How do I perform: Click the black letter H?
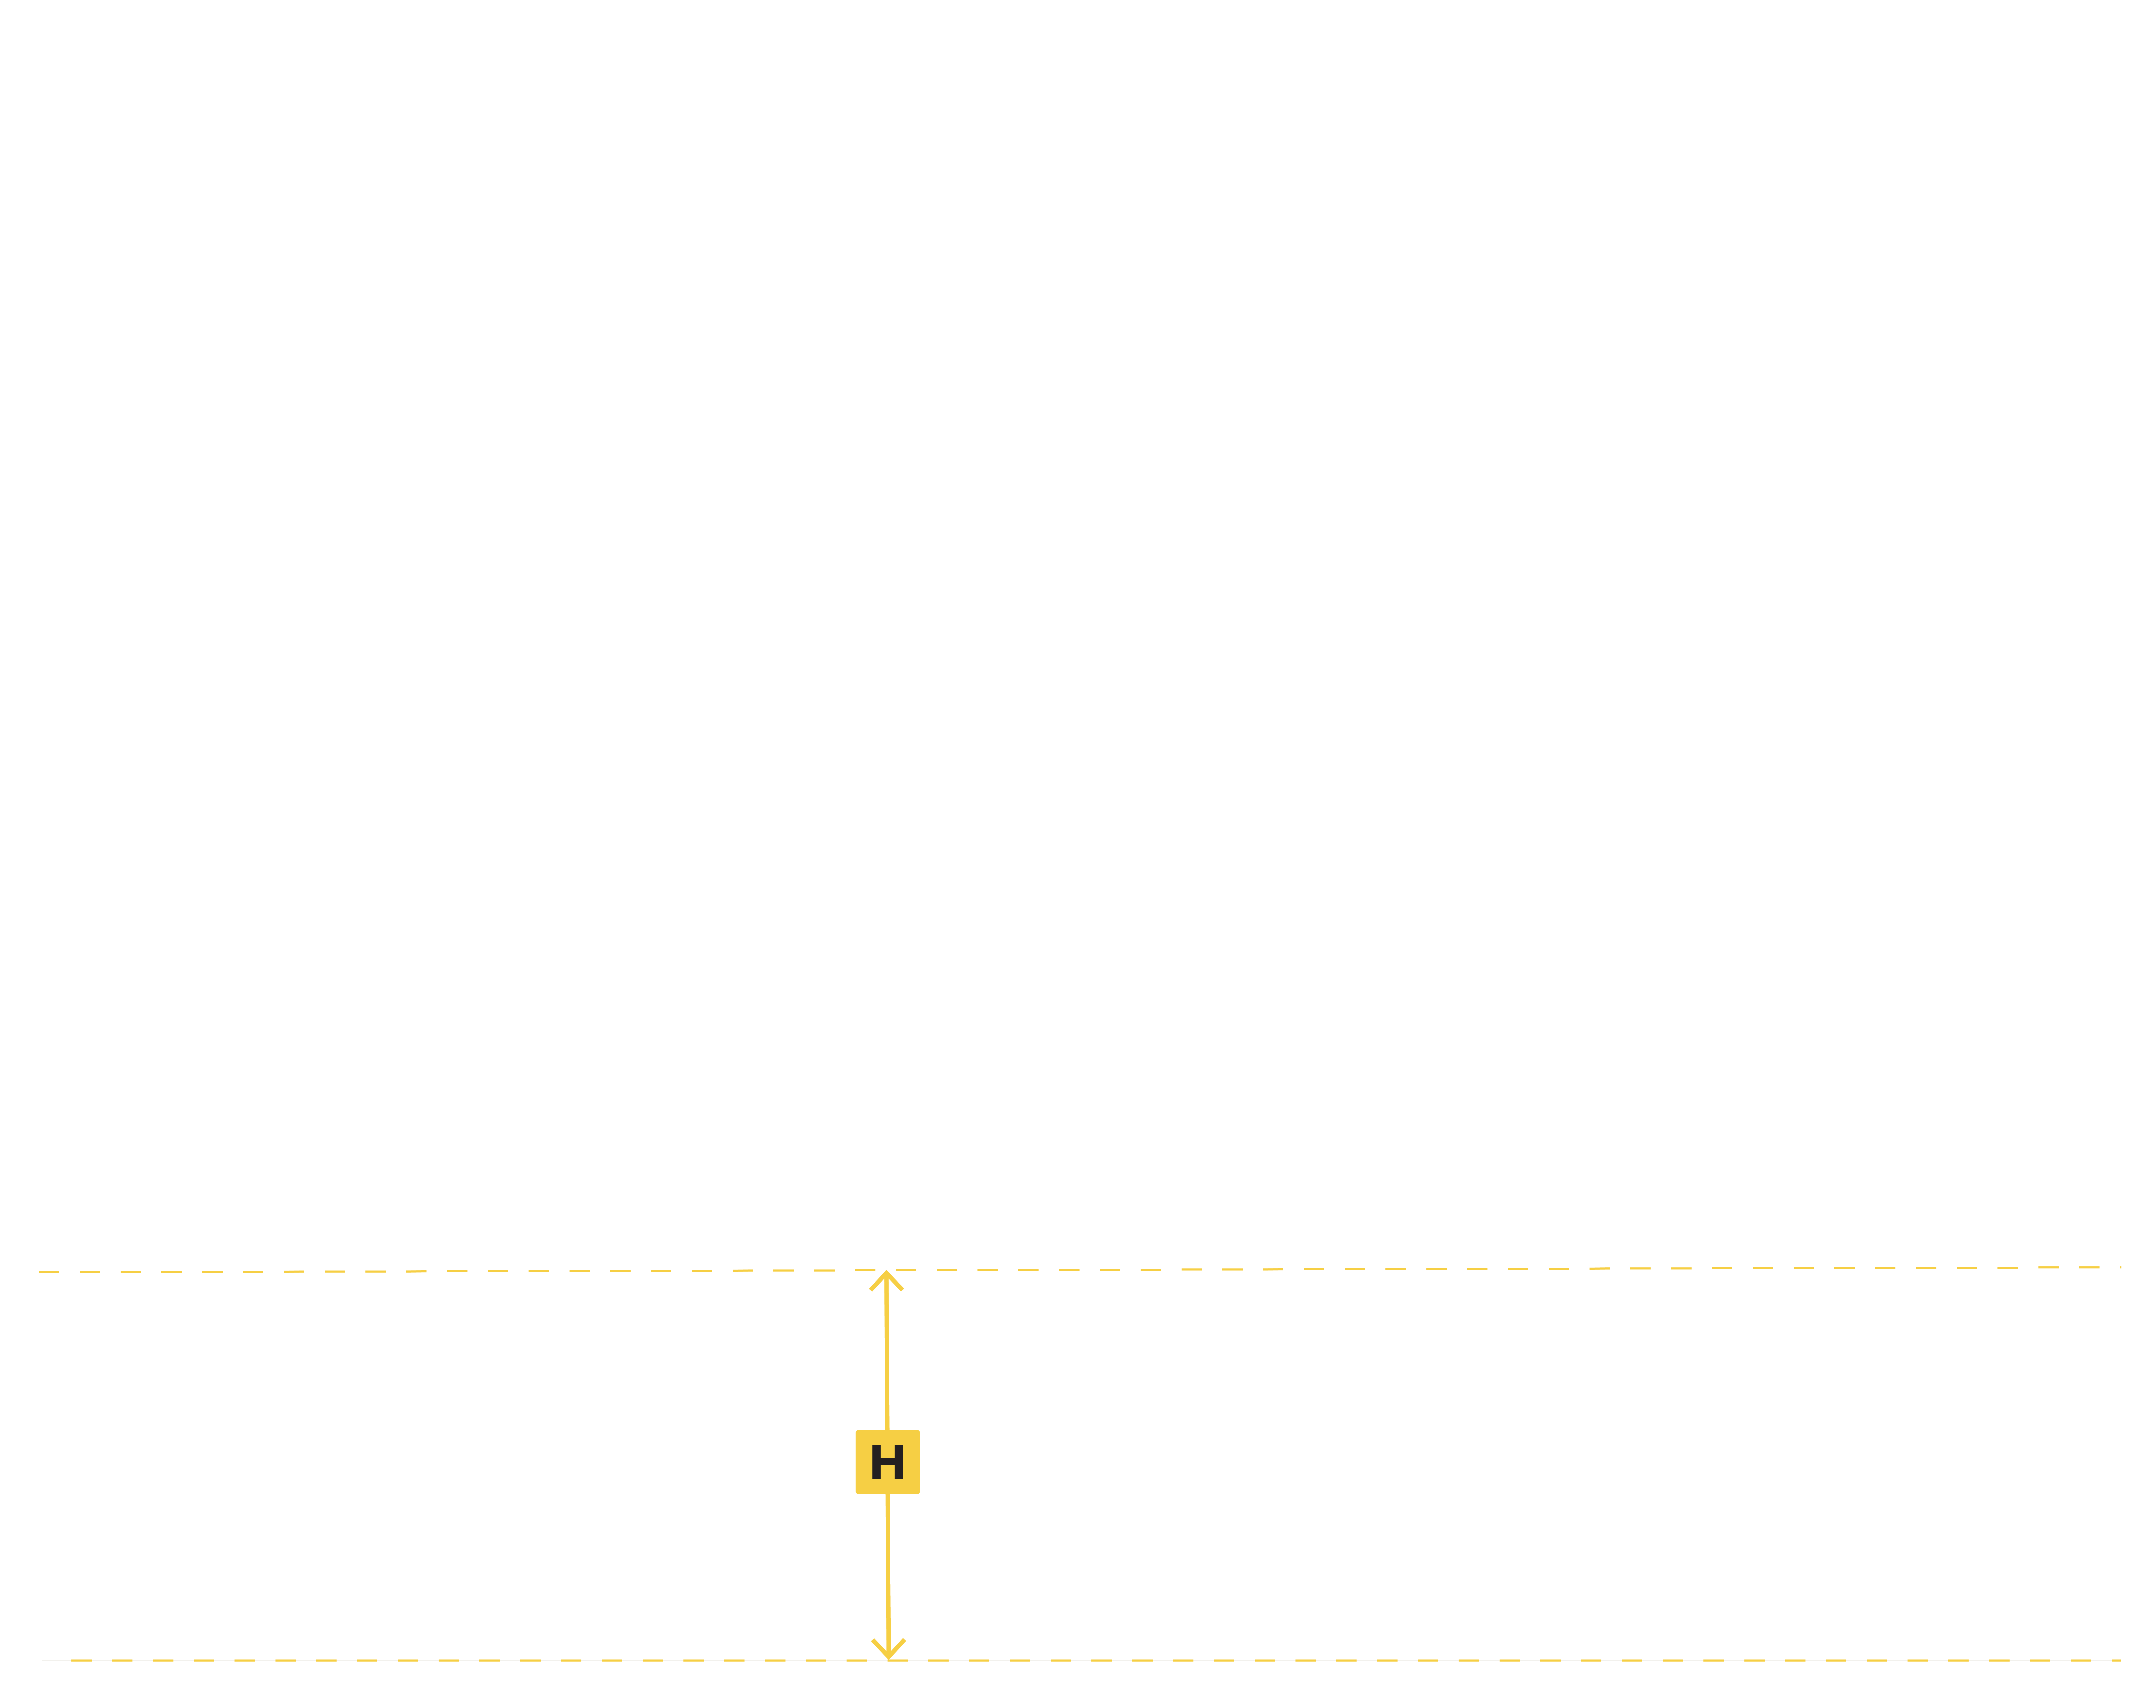(x=887, y=1462)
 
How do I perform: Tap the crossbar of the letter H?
(x=887, y=1462)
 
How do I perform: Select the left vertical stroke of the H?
(x=876, y=1462)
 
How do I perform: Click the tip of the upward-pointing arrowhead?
(x=886, y=1273)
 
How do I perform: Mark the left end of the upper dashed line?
(x=40, y=1273)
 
